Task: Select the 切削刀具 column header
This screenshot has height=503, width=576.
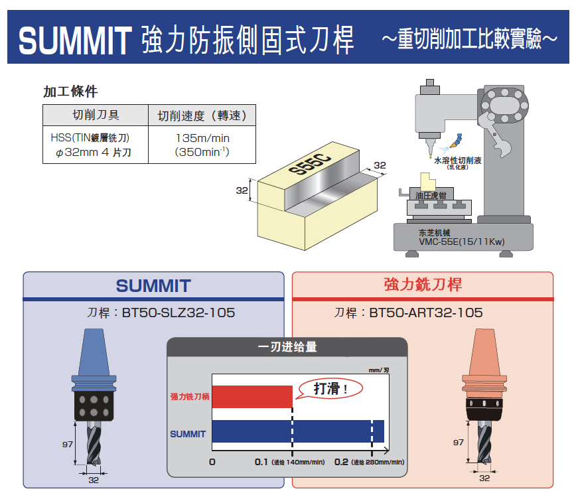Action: coord(96,115)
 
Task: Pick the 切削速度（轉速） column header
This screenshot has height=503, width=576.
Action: coord(202,115)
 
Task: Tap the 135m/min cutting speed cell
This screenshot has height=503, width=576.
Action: coord(202,138)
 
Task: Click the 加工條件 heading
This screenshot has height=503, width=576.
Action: coord(70,92)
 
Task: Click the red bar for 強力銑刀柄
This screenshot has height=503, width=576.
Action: coord(252,396)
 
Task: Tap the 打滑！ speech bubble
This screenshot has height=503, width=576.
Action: coord(330,389)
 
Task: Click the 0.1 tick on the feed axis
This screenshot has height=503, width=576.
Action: coord(261,462)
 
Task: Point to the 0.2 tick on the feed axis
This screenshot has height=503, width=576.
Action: coord(342,462)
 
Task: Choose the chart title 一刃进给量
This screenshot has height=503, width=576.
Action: coord(287,346)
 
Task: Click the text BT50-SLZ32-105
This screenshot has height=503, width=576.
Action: coord(179,312)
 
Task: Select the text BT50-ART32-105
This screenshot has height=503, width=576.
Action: coord(425,312)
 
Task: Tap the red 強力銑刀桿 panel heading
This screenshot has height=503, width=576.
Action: coord(423,285)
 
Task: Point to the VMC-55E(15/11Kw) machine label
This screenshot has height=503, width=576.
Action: coord(462,242)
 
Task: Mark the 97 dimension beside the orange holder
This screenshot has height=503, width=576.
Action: coord(458,442)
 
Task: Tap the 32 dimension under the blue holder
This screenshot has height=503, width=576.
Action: coord(94,480)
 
